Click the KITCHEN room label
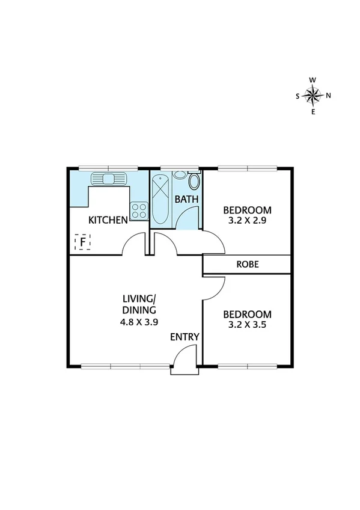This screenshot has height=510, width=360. tap(108, 220)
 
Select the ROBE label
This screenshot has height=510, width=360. tap(247, 263)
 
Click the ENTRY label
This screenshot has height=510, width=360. tap(184, 337)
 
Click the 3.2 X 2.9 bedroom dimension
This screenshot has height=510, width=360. tap(247, 221)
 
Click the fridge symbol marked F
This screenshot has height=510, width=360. tap(82, 242)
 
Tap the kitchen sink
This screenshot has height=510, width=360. tap(108, 179)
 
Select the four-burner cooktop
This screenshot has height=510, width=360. tap(139, 210)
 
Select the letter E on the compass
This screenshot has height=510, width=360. tap(313, 112)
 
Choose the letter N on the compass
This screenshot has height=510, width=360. tap(329, 96)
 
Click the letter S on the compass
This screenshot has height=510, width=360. tap(297, 96)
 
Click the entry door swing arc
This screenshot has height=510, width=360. tap(178, 356)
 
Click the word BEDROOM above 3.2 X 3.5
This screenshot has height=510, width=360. tap(247, 315)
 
